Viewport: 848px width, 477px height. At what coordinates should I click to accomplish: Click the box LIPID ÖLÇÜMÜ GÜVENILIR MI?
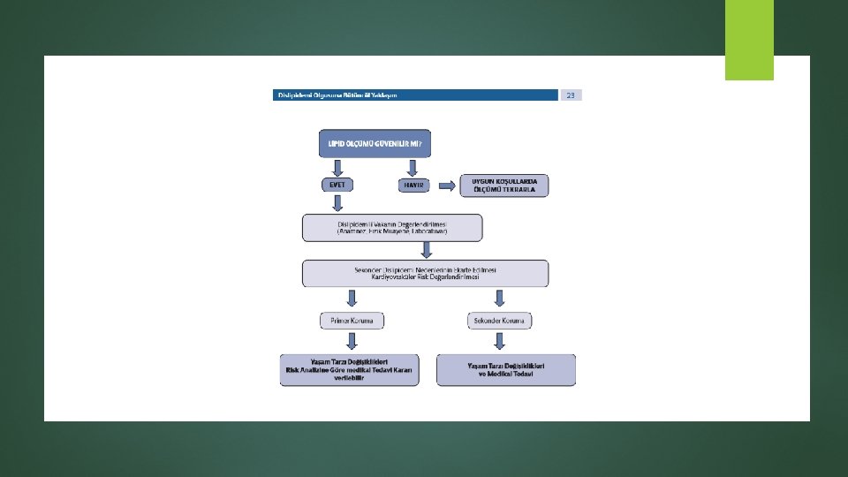[375, 143]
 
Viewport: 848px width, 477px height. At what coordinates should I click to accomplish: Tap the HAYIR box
[413, 185]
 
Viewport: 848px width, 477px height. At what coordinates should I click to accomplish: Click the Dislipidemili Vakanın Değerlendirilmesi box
[392, 227]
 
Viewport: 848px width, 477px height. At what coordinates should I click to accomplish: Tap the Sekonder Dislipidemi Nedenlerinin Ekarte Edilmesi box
[425, 273]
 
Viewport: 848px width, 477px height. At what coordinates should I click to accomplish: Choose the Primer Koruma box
[352, 321]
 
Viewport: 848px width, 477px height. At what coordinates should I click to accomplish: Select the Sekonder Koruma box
[500, 321]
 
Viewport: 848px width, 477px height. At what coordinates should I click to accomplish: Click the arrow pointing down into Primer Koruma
[352, 299]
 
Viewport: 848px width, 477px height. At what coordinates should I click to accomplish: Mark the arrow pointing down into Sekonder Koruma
[500, 299]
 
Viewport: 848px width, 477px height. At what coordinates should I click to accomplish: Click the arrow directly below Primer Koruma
[352, 341]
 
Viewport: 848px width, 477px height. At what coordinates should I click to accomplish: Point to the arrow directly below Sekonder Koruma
[500, 341]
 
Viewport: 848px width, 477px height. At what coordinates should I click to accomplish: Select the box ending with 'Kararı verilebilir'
[350, 370]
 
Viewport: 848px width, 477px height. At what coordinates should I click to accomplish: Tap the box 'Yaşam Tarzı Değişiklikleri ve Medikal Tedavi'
[506, 370]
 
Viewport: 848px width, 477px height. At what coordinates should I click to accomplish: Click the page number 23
[571, 95]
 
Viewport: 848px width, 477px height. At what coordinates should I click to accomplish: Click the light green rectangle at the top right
[749, 40]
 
